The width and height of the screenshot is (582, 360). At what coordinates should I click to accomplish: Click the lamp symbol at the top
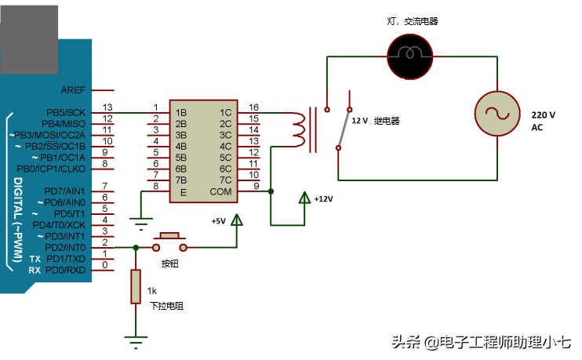point(409,55)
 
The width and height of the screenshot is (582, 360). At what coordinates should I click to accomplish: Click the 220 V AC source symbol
point(500,113)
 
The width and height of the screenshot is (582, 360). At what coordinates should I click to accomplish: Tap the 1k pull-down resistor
point(136,288)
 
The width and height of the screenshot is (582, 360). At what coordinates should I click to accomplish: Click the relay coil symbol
point(299,130)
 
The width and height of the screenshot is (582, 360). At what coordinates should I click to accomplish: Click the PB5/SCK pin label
point(66,112)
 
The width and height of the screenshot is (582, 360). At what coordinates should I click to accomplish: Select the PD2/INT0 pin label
point(66,247)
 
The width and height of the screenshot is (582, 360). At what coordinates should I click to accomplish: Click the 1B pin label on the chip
point(181,113)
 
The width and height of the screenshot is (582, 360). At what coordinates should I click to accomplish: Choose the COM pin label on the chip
point(220,191)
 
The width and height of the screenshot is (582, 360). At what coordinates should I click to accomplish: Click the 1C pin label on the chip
point(226,113)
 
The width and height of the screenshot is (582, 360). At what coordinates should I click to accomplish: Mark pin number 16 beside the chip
point(253,107)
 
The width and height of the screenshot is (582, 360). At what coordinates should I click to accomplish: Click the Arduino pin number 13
point(107,107)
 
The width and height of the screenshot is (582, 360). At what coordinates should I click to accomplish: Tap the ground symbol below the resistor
point(136,340)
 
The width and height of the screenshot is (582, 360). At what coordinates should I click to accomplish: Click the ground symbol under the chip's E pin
point(140,222)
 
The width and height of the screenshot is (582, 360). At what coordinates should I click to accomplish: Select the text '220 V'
point(544,115)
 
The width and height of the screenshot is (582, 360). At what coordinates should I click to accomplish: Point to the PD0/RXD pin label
point(66,270)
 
